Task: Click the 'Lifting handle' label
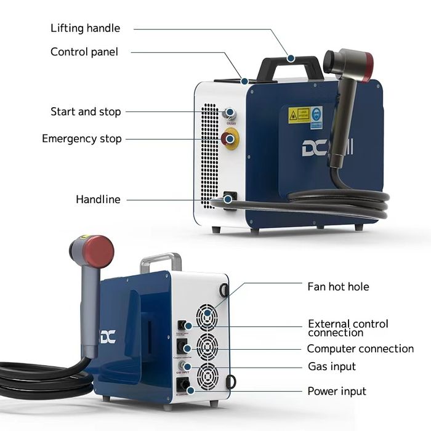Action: pyautogui.click(x=85, y=28)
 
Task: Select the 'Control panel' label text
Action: pyautogui.click(x=84, y=52)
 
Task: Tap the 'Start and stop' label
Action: pyautogui.click(x=86, y=112)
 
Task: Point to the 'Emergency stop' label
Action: pyautogui.click(x=82, y=139)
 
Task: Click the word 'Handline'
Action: pyautogui.click(x=98, y=199)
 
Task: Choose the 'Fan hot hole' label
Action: pyautogui.click(x=338, y=287)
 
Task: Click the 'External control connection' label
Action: pyautogui.click(x=348, y=328)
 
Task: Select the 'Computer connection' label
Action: pyautogui.click(x=360, y=349)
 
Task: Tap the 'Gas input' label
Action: pyautogui.click(x=332, y=367)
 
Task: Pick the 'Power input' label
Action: pyautogui.click(x=336, y=392)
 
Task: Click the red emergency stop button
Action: pyautogui.click(x=230, y=139)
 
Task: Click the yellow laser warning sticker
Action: pyautogui.click(x=299, y=115)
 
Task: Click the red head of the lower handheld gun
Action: pyautogui.click(x=99, y=250)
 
